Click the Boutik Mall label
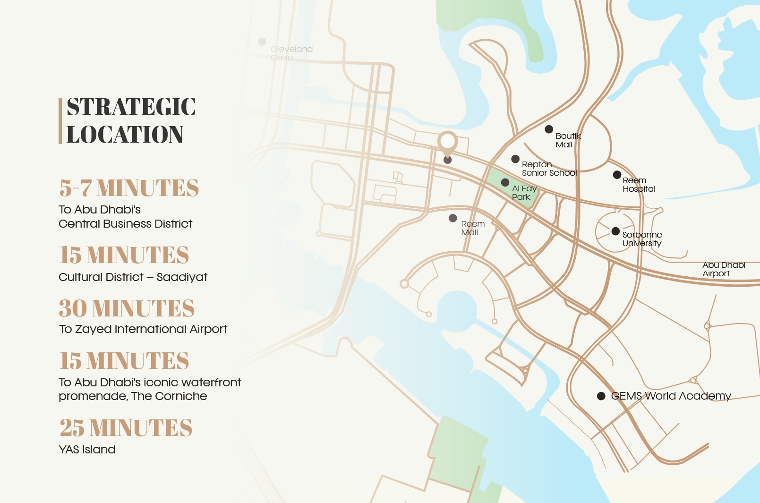click(x=568, y=140)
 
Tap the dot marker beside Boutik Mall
click(x=549, y=129)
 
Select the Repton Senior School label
click(x=549, y=169)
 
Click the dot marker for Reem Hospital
click(x=617, y=175)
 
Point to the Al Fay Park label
click(x=524, y=193)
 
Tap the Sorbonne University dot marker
click(x=615, y=231)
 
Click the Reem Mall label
click(x=472, y=228)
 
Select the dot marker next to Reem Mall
click(x=453, y=218)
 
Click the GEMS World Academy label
click(x=671, y=396)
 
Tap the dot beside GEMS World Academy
click(x=601, y=396)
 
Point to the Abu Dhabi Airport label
click(x=723, y=269)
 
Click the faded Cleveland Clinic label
click(x=291, y=53)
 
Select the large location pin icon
click(x=447, y=142)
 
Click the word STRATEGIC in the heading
click(x=131, y=107)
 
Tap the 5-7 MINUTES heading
click(x=129, y=188)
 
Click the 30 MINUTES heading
click(x=127, y=308)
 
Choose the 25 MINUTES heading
click(x=126, y=428)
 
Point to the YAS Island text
click(x=87, y=450)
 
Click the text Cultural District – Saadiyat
click(x=133, y=277)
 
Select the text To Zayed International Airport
click(x=143, y=329)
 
